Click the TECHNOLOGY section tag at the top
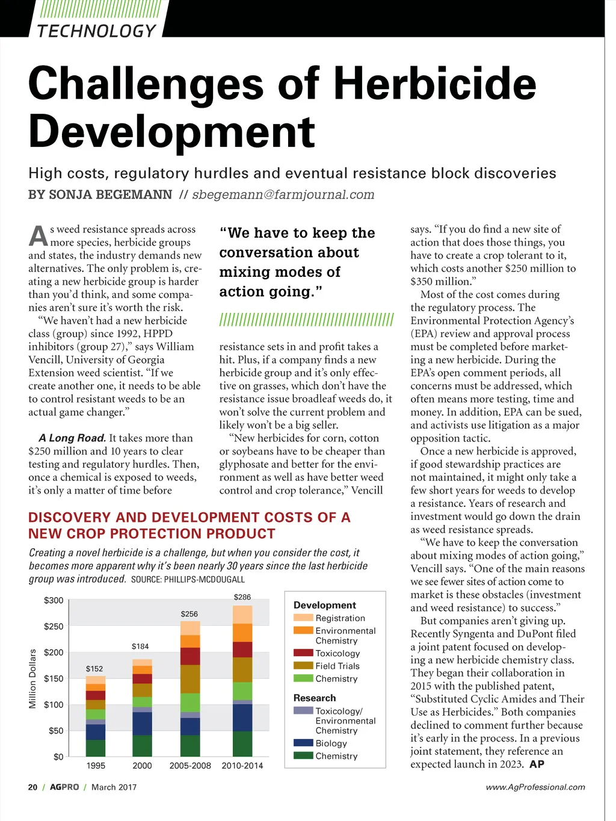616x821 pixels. (x=96, y=31)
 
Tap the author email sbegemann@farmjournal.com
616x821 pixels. (x=283, y=194)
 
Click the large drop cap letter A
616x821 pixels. (x=38, y=235)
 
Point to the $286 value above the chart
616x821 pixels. (x=242, y=597)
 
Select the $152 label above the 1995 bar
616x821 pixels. (x=94, y=669)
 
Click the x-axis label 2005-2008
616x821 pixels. (x=190, y=766)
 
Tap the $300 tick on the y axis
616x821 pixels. (x=54, y=600)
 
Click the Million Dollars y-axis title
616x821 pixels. (x=32, y=678)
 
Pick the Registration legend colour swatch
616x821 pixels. (x=303, y=618)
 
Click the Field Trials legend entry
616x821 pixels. (x=337, y=666)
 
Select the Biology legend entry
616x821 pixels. (x=331, y=743)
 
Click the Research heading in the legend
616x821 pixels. (x=315, y=698)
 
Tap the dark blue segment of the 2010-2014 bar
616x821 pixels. (x=242, y=717)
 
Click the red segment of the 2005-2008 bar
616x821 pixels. (x=190, y=656)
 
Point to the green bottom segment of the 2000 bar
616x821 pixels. (x=142, y=746)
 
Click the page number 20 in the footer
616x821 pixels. (x=32, y=787)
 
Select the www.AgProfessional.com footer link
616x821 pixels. (x=535, y=787)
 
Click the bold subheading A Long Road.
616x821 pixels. (x=72, y=438)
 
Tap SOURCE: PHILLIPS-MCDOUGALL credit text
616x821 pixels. (x=188, y=580)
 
